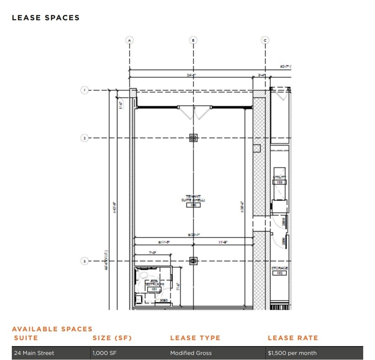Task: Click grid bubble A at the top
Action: (x=130, y=40)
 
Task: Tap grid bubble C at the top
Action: (x=265, y=40)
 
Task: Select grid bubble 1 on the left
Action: (x=84, y=90)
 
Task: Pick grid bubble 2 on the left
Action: (x=84, y=138)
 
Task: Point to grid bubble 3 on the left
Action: (x=84, y=261)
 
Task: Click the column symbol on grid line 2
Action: (x=193, y=138)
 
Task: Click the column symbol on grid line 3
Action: (x=193, y=261)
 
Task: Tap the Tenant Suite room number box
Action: (x=193, y=205)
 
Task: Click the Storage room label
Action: (x=280, y=268)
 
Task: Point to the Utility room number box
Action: (x=280, y=182)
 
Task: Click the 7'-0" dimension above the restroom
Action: (x=152, y=252)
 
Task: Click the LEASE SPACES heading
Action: (x=46, y=18)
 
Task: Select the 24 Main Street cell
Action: (x=34, y=353)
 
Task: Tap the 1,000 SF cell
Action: (x=104, y=353)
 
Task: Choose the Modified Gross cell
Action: (x=191, y=353)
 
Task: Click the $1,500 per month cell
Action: (x=292, y=353)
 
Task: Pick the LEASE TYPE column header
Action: (x=195, y=338)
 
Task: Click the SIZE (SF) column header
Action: (x=112, y=338)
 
